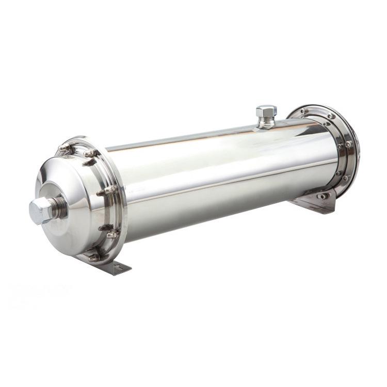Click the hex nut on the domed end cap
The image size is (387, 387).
pos(40,211)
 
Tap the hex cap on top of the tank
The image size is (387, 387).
pos(266,111)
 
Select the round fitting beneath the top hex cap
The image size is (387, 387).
pos(266,122)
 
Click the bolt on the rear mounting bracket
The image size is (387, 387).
pos(324,196)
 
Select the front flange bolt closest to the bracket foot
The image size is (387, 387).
pos(94,256)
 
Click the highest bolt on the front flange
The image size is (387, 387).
pos(65,148)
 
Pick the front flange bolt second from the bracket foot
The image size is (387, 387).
pos(111,233)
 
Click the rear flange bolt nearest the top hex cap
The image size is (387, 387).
pos(304,111)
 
